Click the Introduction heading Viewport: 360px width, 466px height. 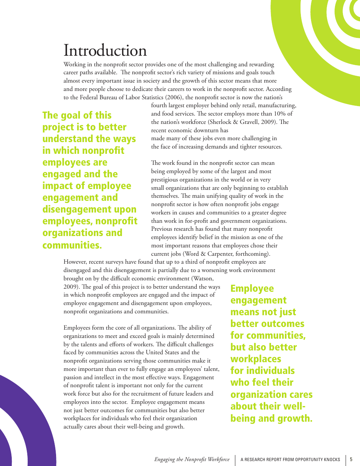(x=105, y=51)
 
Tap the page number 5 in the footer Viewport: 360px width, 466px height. (x=351, y=459)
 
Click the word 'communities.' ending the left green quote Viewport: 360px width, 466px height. (x=72, y=245)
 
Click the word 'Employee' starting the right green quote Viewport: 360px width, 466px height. (x=252, y=289)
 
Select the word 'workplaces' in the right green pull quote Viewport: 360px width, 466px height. (x=256, y=359)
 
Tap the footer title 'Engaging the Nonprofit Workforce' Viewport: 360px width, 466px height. (x=192, y=460)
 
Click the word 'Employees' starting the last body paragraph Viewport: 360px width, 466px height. (x=76, y=328)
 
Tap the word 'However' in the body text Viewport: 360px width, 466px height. (x=75, y=262)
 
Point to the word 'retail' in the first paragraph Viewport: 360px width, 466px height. (x=240, y=105)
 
